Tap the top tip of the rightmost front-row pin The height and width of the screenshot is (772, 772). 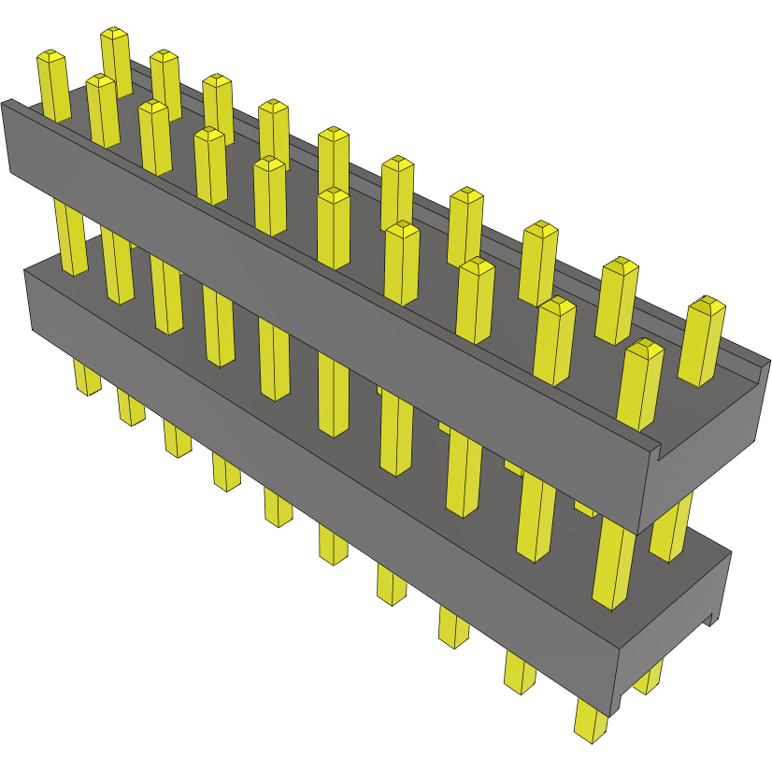(644, 348)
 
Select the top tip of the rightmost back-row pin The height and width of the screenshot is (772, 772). (708, 305)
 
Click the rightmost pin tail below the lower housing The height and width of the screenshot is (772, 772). (591, 724)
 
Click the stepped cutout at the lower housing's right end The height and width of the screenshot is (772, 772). (713, 618)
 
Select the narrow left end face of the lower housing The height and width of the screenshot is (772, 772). (29, 301)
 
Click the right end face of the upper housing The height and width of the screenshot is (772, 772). (710, 439)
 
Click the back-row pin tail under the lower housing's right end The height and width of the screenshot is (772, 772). (649, 677)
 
